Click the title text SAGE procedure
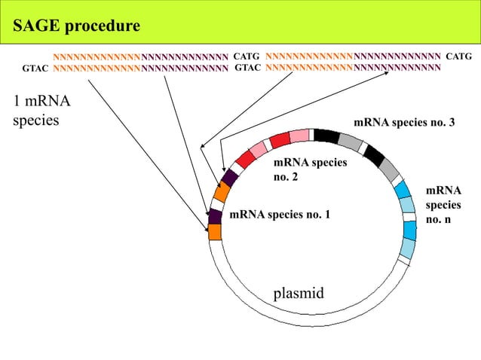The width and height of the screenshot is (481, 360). click(76, 27)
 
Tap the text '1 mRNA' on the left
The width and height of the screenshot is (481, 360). click(36, 102)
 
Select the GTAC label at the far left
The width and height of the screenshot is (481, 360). click(35, 69)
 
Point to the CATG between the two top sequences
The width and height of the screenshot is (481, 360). click(247, 56)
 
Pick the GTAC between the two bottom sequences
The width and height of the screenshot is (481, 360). click(248, 68)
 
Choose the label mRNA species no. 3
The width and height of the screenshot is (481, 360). click(404, 123)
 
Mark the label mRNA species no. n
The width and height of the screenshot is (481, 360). click(443, 206)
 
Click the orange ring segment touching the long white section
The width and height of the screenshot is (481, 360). click(215, 232)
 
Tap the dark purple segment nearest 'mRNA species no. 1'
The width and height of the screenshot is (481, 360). click(215, 216)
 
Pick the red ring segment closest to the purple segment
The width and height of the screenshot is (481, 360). click(245, 159)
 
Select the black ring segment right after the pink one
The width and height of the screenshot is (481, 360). click(326, 136)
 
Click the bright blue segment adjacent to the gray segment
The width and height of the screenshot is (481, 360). click(402, 189)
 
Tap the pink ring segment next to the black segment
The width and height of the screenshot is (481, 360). click(299, 136)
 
